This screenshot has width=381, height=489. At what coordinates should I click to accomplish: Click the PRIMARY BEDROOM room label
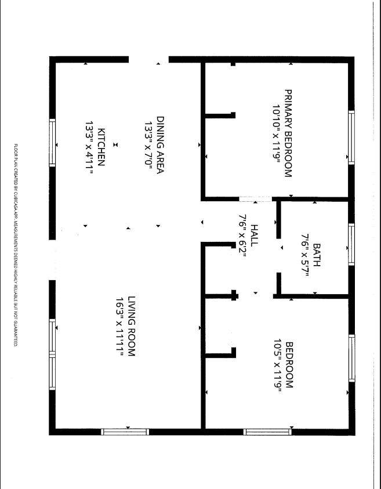288,133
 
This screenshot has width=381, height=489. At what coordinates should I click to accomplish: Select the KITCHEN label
101,147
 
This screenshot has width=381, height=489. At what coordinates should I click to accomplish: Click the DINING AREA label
160,145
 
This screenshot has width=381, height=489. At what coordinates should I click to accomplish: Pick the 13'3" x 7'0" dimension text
148,145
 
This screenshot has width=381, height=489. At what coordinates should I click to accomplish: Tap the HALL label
255,235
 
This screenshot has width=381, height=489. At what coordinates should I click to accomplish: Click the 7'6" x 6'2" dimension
242,235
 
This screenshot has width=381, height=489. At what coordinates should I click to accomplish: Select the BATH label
317,255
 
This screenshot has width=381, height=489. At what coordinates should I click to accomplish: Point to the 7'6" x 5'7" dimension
304,255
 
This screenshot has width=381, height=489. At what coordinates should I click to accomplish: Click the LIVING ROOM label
132,326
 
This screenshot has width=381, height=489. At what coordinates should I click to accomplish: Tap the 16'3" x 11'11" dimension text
119,326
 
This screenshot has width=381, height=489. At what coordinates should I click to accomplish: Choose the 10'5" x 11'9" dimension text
278,365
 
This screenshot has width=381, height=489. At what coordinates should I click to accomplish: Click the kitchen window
52,143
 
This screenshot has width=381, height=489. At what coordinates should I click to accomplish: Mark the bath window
351,245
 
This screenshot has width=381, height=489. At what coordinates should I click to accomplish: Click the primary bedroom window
351,137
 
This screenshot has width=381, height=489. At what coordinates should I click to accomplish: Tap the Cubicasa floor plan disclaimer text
16,245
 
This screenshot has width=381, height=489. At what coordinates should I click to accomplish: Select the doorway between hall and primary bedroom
256,199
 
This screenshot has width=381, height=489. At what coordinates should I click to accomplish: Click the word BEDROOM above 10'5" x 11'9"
289,365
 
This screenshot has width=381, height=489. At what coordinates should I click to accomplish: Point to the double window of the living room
52,354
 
